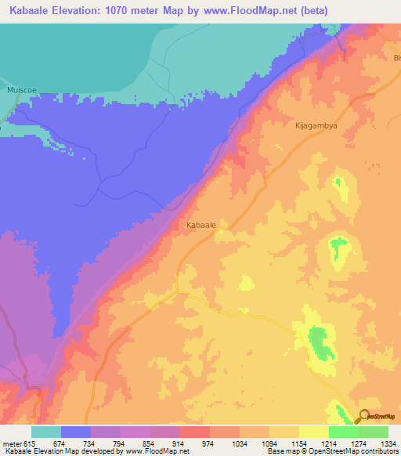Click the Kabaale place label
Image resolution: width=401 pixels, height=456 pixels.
coord(201,225)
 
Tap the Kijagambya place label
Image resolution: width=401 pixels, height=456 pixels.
coord(314,125)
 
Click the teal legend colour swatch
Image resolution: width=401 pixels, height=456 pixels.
coord(46,432)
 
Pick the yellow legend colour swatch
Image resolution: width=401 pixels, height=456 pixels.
coord(313,432)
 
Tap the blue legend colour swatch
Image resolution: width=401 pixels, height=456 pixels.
coord(76,432)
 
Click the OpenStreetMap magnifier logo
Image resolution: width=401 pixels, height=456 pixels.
coord(362,416)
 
